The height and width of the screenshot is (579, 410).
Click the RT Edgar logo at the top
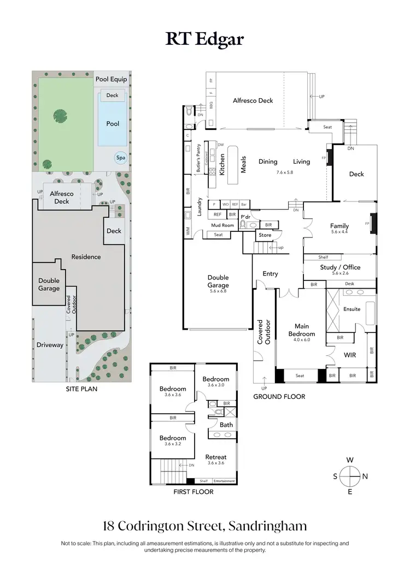click(204, 39)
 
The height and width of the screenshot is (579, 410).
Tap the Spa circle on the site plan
click(120, 158)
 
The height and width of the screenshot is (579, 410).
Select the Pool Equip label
click(111, 79)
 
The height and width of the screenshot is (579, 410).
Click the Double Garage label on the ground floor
click(218, 282)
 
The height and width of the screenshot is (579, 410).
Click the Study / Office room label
click(340, 267)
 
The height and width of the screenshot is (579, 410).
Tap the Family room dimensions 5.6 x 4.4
click(339, 232)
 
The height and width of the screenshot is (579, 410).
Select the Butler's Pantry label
click(198, 158)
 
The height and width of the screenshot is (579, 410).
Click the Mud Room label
click(222, 225)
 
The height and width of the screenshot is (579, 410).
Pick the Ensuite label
click(352, 309)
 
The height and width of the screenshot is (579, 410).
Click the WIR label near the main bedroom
click(350, 355)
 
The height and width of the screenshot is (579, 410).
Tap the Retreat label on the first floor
click(216, 457)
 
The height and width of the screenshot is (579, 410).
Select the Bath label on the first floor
click(226, 425)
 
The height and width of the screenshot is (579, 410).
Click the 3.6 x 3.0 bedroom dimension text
click(216, 385)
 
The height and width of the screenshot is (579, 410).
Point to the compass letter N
click(365, 476)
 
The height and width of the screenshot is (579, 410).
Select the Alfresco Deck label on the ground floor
click(253, 100)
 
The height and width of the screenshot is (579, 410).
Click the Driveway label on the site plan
click(50, 345)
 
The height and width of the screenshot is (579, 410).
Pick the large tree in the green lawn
click(58, 115)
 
